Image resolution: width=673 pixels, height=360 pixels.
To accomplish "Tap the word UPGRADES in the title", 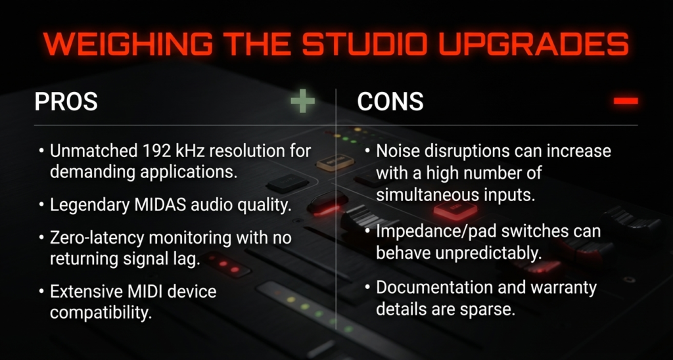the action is pos(534,43).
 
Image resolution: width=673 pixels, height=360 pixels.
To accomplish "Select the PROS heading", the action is pos(66,102).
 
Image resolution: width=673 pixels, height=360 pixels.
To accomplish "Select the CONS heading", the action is pos(390,102).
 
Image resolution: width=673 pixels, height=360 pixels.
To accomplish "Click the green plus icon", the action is pos(302,101).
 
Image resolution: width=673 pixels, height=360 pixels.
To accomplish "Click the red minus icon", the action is pos(626,101).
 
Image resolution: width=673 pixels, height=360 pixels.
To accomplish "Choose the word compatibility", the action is pos(101,313).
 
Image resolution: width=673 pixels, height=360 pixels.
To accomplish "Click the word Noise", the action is pos(394,151).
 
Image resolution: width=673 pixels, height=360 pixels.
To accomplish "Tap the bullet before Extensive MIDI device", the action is pos(41,292).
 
